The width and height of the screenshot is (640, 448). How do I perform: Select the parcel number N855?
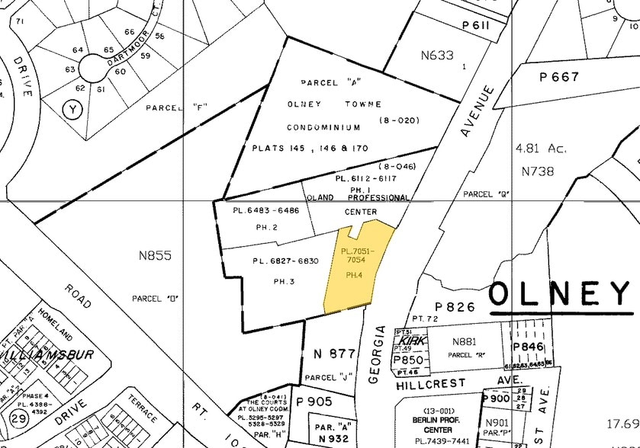click(154, 256)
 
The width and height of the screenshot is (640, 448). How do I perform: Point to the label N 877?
click(334, 353)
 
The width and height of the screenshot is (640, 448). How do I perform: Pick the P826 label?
click(455, 307)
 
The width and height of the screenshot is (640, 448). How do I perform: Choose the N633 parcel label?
click(437, 55)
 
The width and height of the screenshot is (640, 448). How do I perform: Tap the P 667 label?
click(559, 77)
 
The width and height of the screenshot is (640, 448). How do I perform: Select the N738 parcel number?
click(537, 171)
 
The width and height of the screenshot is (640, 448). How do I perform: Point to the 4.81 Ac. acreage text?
click(541, 149)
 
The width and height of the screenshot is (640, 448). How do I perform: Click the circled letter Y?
click(72, 110)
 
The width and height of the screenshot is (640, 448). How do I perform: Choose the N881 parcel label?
click(465, 342)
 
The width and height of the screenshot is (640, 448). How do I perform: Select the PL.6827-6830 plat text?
click(285, 261)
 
